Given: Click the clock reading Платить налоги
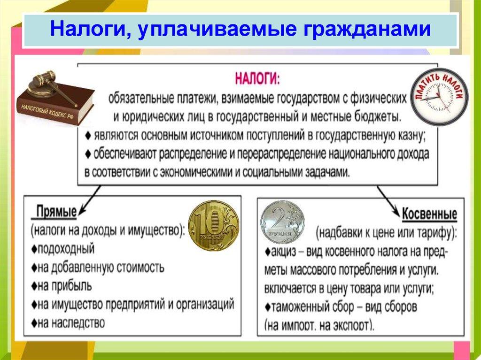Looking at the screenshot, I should coord(439,96).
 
